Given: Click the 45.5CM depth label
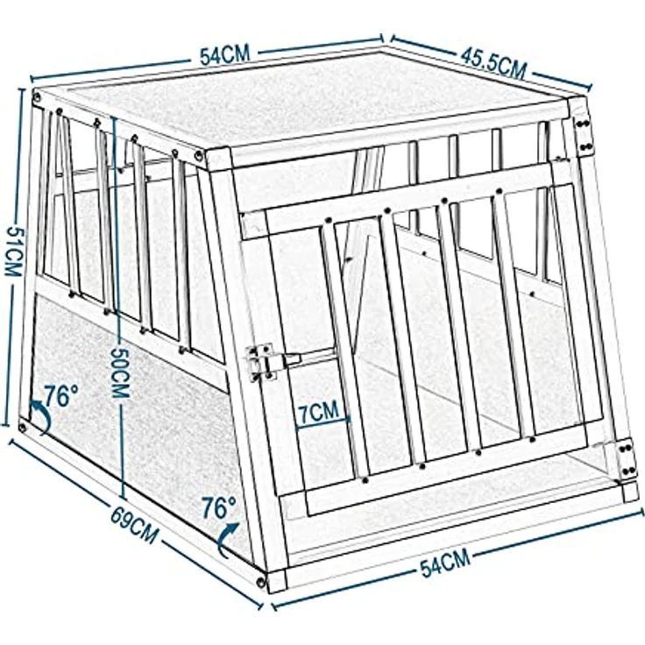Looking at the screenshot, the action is (493, 63).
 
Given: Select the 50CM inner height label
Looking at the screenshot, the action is (121, 372).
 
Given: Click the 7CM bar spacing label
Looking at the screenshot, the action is (318, 411).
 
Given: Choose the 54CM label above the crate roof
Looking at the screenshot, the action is (225, 55).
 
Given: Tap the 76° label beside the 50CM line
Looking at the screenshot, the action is (218, 507).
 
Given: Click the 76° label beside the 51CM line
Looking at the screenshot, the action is (60, 396).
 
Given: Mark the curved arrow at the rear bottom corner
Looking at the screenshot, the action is (42, 416).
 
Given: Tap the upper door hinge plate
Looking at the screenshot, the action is (585, 134).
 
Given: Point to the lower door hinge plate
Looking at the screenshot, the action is (627, 458).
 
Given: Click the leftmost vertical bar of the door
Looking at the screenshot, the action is (344, 350).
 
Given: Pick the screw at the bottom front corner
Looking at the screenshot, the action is (261, 582).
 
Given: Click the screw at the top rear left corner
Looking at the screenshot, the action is (37, 97).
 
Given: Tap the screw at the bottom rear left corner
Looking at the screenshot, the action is (23, 427).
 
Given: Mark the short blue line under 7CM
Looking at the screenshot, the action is (322, 423).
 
